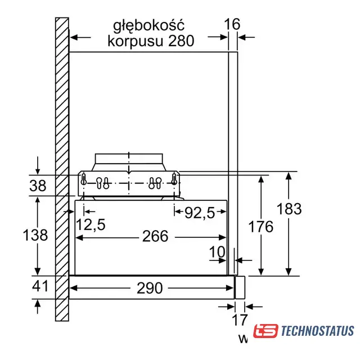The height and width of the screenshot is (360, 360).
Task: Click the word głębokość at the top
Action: tap(148, 25)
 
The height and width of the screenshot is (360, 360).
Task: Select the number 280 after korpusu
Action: tap(181, 41)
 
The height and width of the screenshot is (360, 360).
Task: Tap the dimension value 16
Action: tap(232, 24)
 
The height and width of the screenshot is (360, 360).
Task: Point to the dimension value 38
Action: tap(38, 186)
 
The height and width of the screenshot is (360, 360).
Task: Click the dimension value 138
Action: tap(35, 235)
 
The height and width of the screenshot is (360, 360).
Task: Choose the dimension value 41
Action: tap(40, 286)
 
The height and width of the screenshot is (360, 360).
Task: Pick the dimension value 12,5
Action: tap(91, 224)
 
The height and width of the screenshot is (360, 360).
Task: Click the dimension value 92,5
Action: tap(200, 213)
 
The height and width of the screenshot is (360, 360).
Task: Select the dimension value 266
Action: tap(155, 236)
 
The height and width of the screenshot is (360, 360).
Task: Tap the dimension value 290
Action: tap(150, 288)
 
